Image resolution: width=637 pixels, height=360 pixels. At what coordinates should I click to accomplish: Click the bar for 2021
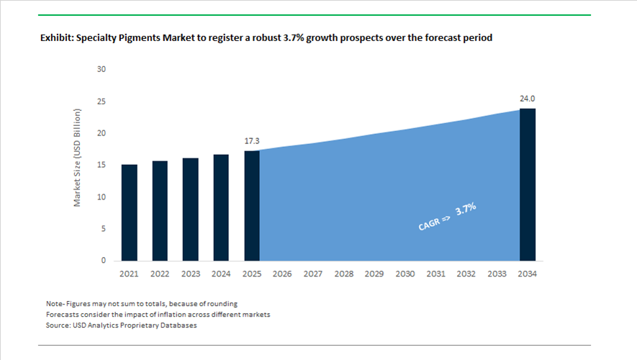tap(130, 212)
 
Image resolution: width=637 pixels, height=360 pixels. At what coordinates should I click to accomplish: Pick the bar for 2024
tap(221, 207)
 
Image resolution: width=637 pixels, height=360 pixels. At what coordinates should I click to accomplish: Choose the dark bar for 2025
tap(252, 205)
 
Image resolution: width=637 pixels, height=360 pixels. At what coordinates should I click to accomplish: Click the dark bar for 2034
tap(528, 184)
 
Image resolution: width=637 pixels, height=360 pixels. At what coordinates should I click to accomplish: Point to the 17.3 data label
tap(252, 141)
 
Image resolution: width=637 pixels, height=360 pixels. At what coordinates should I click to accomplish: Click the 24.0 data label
tap(528, 99)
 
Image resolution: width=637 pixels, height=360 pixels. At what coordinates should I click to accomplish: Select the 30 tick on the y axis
tap(101, 70)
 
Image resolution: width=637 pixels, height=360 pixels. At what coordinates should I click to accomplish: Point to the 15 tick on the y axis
tap(101, 166)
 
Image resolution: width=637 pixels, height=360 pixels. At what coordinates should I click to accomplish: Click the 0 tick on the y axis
tap(104, 261)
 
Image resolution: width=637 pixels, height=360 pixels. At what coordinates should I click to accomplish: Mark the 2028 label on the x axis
tap(343, 274)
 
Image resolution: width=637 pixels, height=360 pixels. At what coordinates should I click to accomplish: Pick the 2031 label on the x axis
tap(435, 274)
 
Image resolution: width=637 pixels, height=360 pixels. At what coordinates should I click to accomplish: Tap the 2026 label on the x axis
tap(282, 274)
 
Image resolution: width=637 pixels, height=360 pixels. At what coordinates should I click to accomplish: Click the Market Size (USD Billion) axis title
tap(78, 158)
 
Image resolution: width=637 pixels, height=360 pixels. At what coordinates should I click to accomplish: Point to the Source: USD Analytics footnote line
tap(122, 325)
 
